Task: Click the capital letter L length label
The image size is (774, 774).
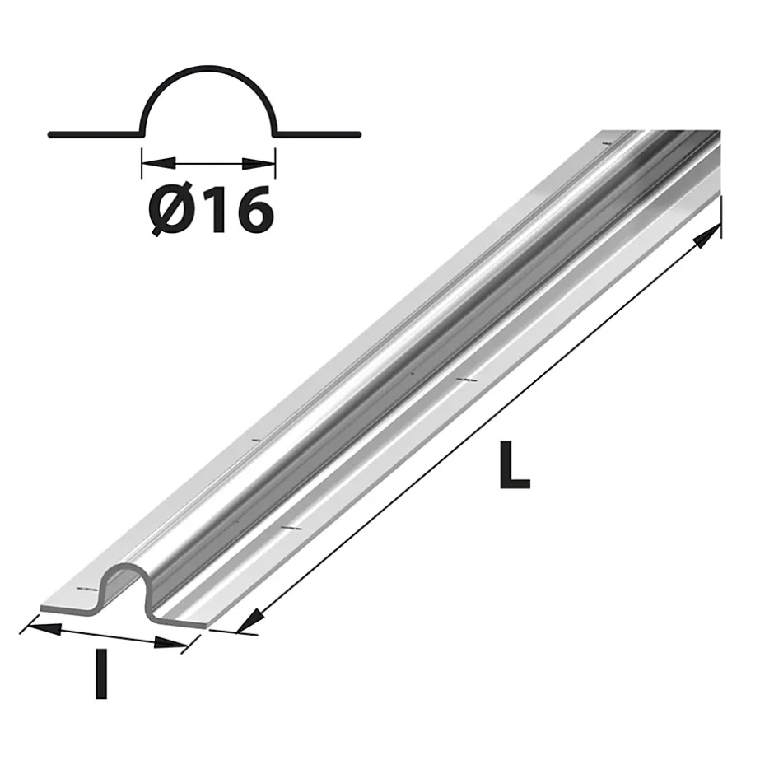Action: coord(514,465)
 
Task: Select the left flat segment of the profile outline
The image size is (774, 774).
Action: coord(95,133)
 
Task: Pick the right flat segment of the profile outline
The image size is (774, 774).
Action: coord(318,133)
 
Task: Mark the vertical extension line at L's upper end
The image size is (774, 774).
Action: coord(721,218)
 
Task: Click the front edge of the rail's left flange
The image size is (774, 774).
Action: coord(70,608)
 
